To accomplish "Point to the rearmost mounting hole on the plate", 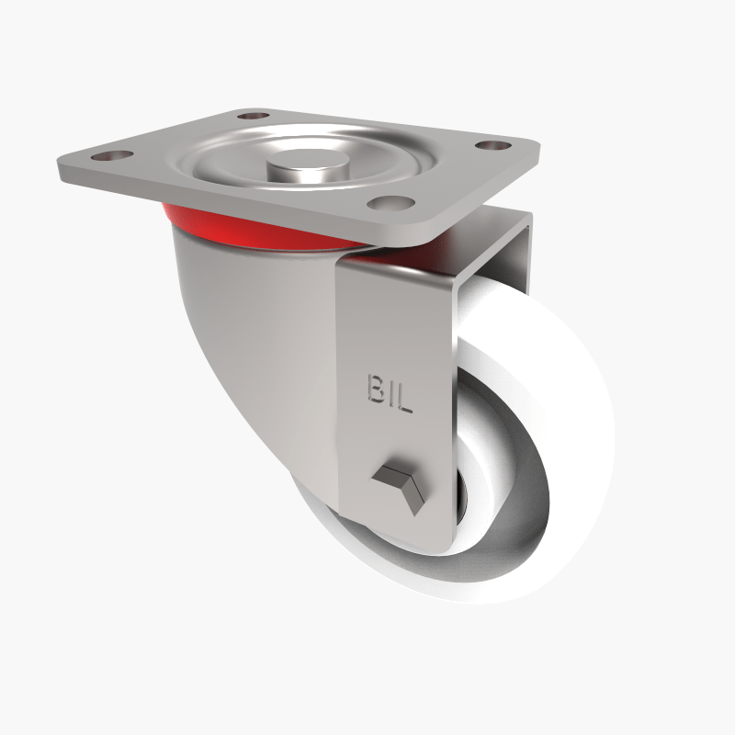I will pos(251,117).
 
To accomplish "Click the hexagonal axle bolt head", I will pos(396,482).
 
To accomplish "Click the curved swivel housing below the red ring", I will pos(248,349).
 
